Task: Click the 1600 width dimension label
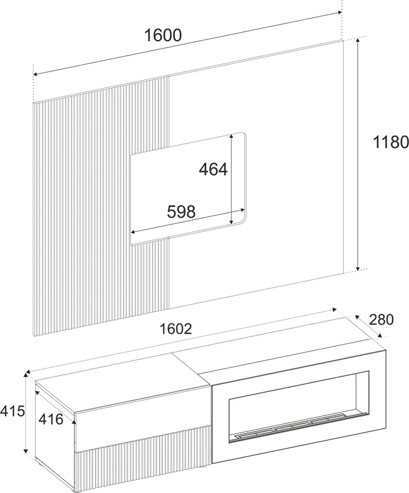[x=163, y=35]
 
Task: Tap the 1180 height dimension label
[x=391, y=142]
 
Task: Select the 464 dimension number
[x=213, y=169]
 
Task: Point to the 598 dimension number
[x=181, y=211]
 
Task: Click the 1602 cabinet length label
[x=176, y=329]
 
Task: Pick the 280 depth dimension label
[x=381, y=320]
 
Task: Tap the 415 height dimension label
[x=12, y=411]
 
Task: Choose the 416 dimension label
[x=51, y=419]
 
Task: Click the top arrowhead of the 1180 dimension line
[x=357, y=40]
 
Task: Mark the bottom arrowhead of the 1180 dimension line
[x=358, y=268]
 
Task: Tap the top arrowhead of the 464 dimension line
[x=232, y=136]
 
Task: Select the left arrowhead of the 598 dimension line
[x=132, y=232]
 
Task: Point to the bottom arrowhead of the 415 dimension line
[x=26, y=451]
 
